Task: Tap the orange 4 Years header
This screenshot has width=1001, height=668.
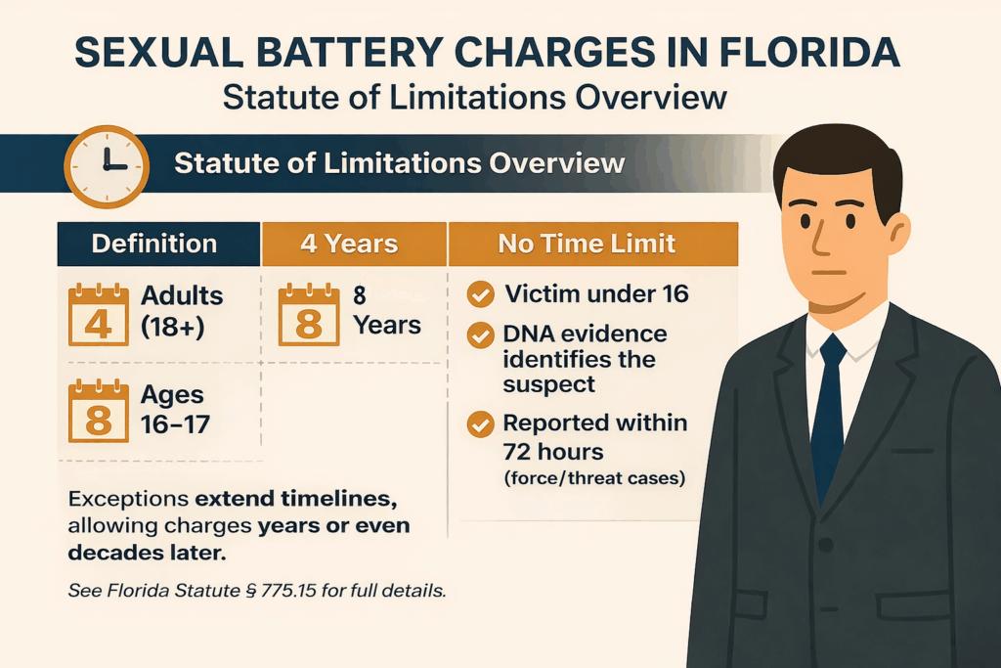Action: pyautogui.click(x=349, y=244)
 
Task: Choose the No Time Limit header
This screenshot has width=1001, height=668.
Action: pyautogui.click(x=587, y=244)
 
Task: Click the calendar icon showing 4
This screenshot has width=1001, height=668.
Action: pyautogui.click(x=98, y=314)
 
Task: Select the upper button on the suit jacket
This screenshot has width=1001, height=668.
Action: pyautogui.click(x=826, y=544)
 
